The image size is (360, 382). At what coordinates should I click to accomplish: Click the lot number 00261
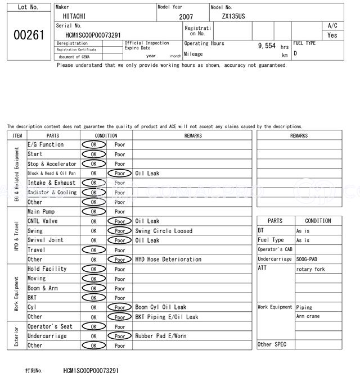[28, 35]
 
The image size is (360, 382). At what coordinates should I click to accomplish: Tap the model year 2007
[186, 17]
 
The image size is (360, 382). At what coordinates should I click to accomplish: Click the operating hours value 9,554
[266, 46]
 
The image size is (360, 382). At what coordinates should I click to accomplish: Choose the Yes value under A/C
[332, 35]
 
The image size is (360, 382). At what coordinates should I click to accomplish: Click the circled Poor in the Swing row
[119, 231]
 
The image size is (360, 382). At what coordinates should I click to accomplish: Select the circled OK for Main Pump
[93, 212]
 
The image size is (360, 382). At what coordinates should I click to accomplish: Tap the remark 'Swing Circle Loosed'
[164, 231]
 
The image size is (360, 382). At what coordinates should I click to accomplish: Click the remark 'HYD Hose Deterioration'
[168, 260]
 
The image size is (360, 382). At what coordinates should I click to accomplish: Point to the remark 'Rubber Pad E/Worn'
[160, 336]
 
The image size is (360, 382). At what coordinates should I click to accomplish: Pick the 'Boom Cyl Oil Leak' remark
[160, 307]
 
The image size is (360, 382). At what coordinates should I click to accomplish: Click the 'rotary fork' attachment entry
[310, 269]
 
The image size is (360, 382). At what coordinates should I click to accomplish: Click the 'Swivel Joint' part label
[45, 240]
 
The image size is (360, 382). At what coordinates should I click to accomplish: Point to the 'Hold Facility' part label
[47, 269]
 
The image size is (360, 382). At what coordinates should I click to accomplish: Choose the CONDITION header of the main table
[106, 135]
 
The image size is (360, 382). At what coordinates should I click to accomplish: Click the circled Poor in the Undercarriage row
[119, 336]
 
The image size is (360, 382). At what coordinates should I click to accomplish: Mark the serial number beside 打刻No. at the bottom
[91, 371]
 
